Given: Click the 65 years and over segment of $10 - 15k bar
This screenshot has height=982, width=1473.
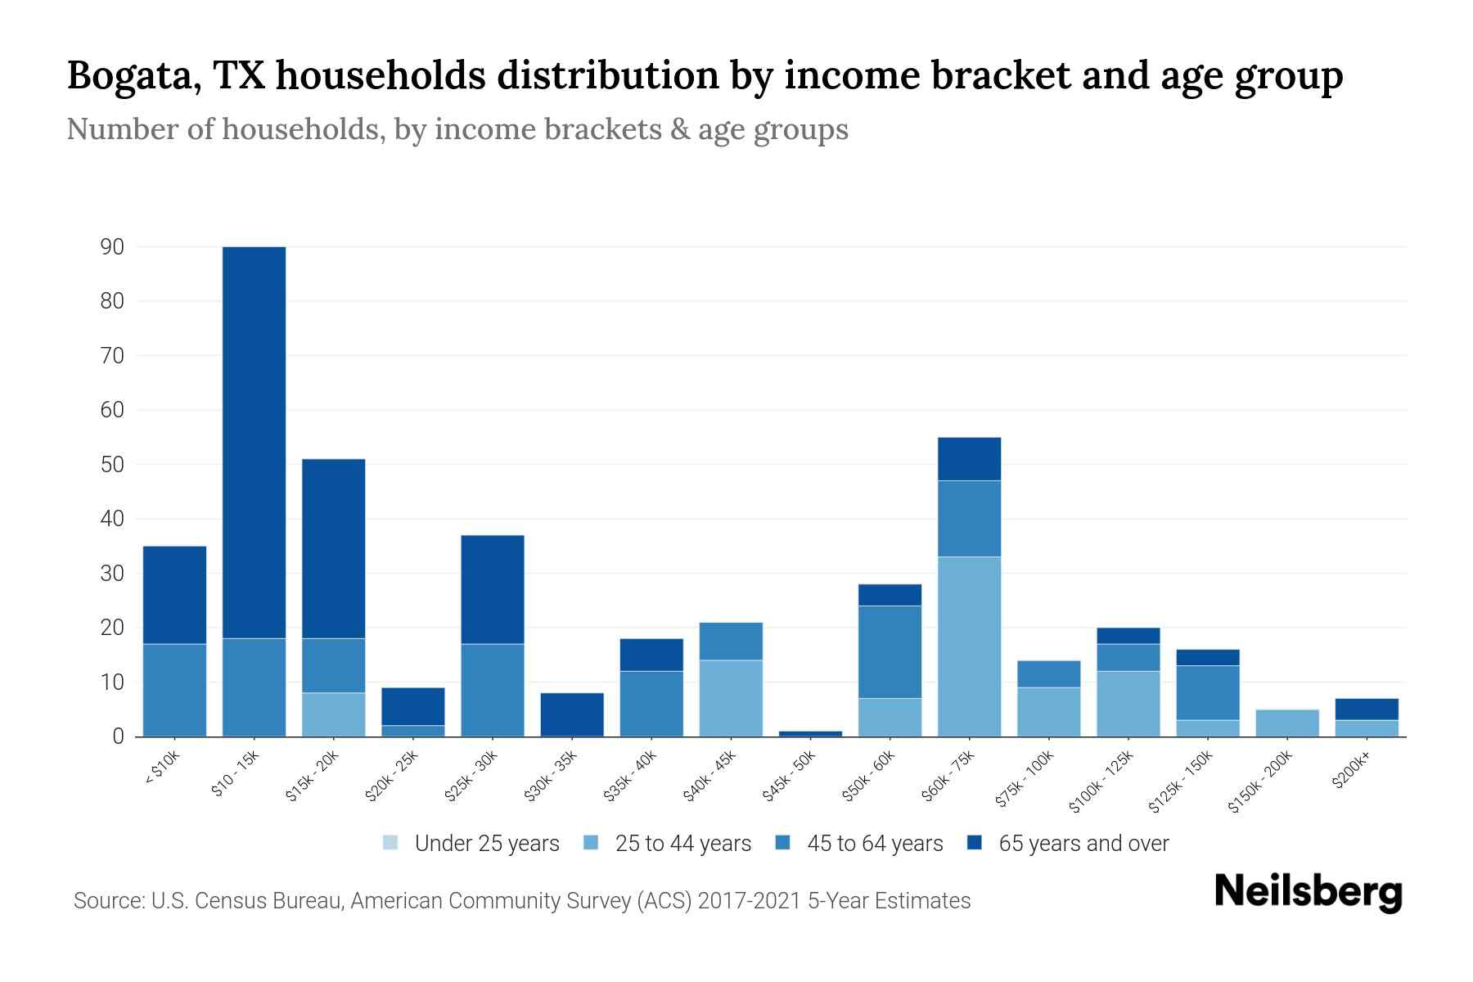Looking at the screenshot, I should coord(254,442).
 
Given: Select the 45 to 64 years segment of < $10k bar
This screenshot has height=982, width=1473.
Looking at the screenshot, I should coord(174,690).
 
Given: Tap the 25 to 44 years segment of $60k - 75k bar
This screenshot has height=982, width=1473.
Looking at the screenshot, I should coord(969,646).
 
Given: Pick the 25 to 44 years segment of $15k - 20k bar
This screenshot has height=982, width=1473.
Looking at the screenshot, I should coord(334,714).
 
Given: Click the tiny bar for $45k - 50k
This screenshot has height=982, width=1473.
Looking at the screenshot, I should coord(810,733).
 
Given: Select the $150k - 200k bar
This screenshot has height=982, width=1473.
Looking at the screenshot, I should coord(1286,723).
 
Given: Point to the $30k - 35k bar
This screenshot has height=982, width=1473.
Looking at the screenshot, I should coord(572,714).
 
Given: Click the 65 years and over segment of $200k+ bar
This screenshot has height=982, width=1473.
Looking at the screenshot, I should coord(1366,709).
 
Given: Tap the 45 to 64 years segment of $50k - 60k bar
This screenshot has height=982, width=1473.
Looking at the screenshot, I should coord(890,651).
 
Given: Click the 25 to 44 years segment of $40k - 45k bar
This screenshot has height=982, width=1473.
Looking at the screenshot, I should coord(731,698).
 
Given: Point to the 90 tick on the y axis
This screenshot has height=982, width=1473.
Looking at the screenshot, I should coord(112,246).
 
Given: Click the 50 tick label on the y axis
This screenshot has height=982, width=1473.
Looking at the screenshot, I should coord(112,464).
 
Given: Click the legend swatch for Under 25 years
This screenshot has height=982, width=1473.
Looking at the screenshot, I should coord(390,843).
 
